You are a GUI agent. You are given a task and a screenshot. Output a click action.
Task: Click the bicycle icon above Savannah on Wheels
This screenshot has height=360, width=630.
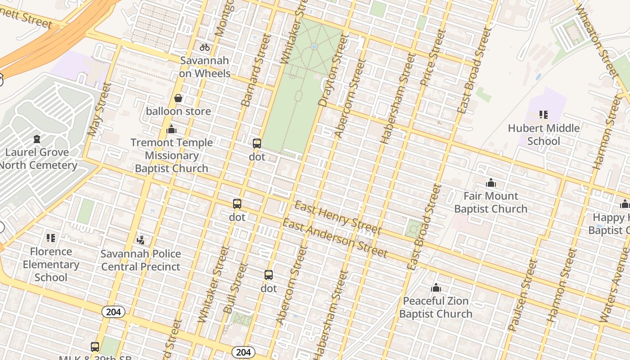pos(205,47)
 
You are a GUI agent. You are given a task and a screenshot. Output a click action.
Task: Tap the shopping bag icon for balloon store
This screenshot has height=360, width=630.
pos(178,98)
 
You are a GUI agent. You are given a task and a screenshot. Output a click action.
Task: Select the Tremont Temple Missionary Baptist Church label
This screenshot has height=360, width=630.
pos(171,155)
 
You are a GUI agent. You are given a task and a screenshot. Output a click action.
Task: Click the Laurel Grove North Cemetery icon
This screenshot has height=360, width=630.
pos(37,139)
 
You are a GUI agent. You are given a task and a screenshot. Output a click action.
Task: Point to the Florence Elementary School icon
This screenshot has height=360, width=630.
pos(51,238)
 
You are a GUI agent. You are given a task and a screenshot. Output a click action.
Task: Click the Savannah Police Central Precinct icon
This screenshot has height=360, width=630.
pos(140,240)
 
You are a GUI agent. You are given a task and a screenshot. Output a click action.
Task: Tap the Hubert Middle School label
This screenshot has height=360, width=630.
pos(544,135)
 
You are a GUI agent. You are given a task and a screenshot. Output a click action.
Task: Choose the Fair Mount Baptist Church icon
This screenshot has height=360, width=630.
pos(491,183)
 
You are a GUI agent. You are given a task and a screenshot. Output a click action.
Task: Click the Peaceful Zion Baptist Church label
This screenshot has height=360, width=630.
pos(436,307)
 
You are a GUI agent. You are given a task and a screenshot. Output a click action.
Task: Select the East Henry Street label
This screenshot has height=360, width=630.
pos(337,219)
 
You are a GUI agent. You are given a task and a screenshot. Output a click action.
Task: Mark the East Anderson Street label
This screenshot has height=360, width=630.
pos(334,238)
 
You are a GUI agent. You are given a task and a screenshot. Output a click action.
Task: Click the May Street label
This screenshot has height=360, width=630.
pos(99,109)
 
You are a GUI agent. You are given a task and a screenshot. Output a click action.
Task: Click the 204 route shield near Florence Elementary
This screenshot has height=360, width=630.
pos(113,312)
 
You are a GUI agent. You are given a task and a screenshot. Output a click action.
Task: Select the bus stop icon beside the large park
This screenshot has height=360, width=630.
pos(257,144)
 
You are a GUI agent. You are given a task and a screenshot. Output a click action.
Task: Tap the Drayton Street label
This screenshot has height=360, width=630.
pos(334,71)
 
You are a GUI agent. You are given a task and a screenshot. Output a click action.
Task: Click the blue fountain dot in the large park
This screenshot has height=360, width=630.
pos(314,46)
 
